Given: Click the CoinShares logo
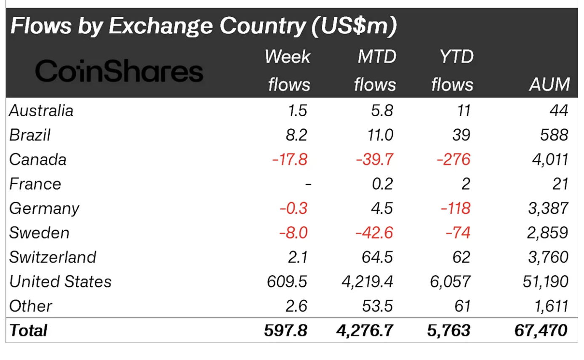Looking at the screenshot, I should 119,71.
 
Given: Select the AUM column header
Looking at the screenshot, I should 549,85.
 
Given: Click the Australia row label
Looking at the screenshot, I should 41,111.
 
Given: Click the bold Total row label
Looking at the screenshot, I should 29,330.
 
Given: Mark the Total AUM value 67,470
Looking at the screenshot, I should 541,330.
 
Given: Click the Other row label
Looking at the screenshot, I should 31,306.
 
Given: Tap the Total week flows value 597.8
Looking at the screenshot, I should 285,330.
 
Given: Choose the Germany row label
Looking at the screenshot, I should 44,208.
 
